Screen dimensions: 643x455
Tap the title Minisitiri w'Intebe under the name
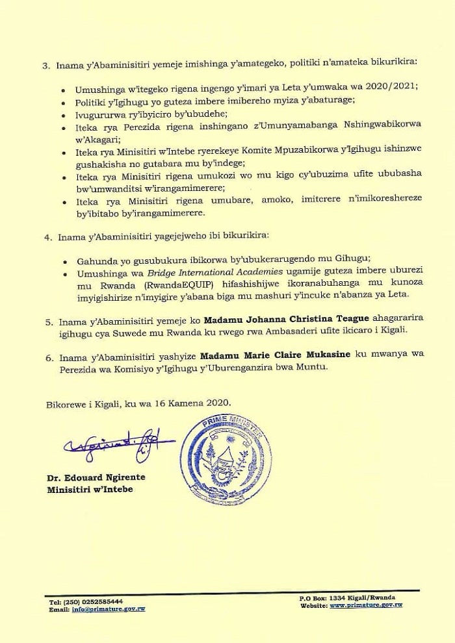click(x=90, y=489)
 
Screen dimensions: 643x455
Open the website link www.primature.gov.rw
click(x=366, y=605)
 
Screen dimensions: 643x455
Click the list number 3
click(x=45, y=65)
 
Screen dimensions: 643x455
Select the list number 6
click(x=47, y=357)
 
